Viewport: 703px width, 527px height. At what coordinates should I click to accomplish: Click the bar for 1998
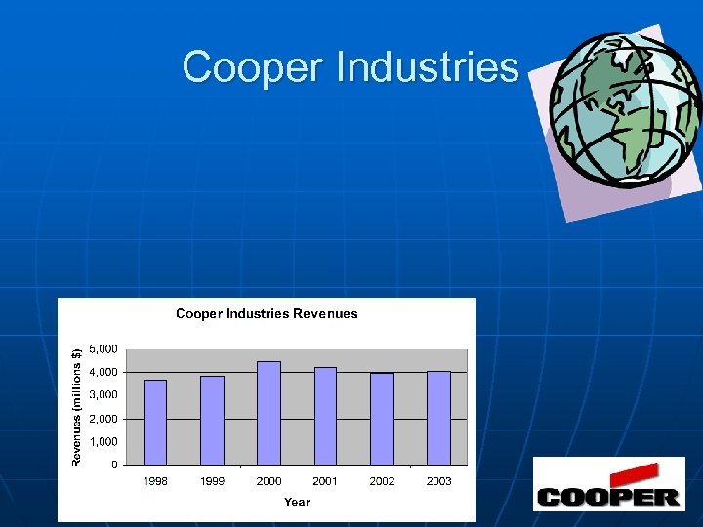pyautogui.click(x=155, y=422)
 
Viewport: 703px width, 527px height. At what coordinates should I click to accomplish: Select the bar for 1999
pyautogui.click(x=212, y=420)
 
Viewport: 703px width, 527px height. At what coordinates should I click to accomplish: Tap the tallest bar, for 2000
pyautogui.click(x=269, y=413)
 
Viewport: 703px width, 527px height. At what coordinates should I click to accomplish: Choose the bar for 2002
pyautogui.click(x=382, y=419)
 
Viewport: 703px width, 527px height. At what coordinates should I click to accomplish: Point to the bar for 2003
pyautogui.click(x=438, y=418)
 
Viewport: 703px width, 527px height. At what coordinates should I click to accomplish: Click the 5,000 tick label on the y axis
pyautogui.click(x=103, y=348)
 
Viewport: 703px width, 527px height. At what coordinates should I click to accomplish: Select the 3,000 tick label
pyautogui.click(x=103, y=394)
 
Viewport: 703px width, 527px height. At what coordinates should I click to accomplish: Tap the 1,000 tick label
pyautogui.click(x=103, y=441)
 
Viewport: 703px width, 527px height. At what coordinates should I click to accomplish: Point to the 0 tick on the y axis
pyautogui.click(x=114, y=465)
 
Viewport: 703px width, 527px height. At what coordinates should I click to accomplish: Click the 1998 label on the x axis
pyautogui.click(x=155, y=481)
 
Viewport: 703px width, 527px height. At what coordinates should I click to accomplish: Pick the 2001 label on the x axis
pyautogui.click(x=325, y=481)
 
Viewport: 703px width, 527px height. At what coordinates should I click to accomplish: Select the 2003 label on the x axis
pyautogui.click(x=438, y=481)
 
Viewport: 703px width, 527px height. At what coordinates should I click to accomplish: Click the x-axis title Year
pyautogui.click(x=297, y=502)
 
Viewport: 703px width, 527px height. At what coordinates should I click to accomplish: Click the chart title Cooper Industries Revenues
pyautogui.click(x=267, y=314)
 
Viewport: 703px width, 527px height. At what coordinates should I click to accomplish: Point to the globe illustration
pyautogui.click(x=625, y=112)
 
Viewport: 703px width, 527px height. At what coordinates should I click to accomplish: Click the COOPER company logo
pyautogui.click(x=607, y=487)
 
